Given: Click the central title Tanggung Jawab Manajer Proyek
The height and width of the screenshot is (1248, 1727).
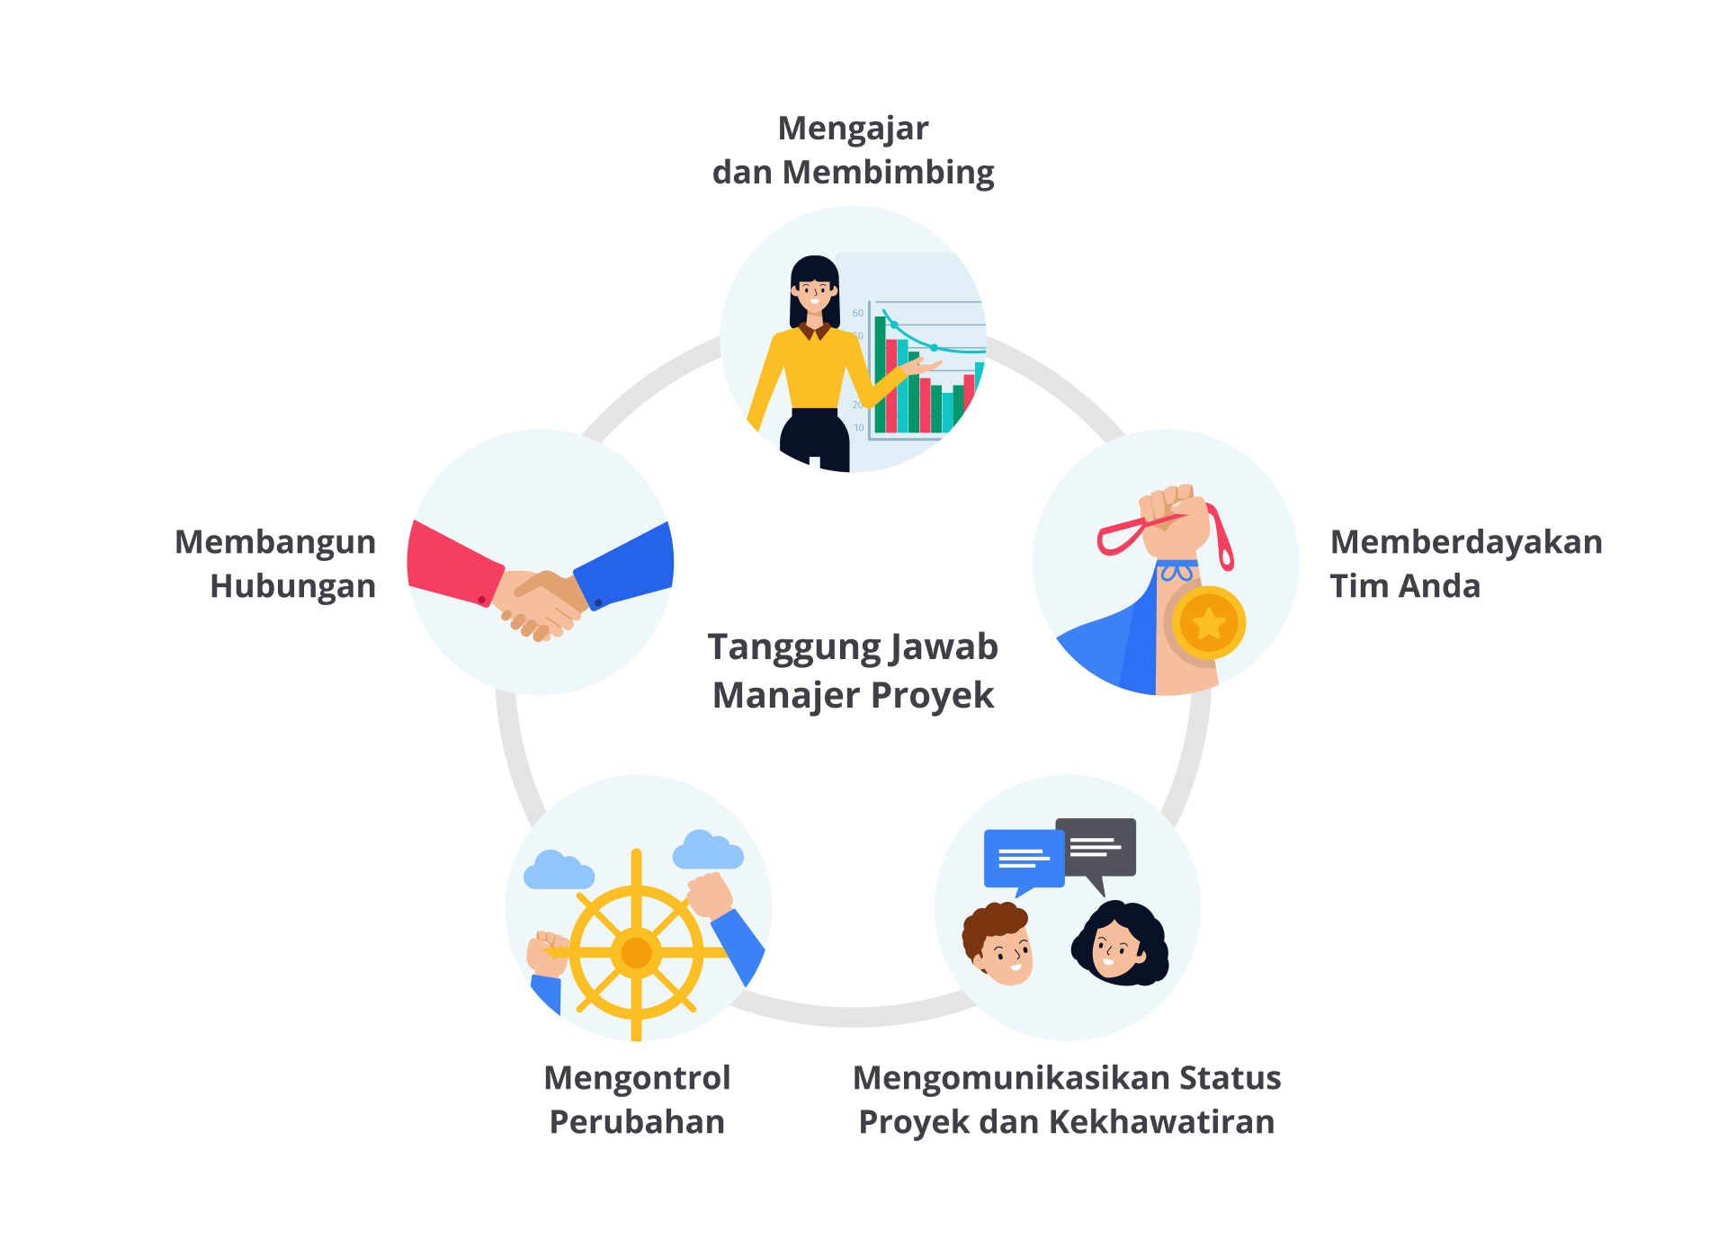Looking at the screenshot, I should click(853, 671).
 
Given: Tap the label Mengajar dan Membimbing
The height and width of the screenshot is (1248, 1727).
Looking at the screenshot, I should click(853, 150).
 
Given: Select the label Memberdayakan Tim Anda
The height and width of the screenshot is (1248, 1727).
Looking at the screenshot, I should click(1465, 564).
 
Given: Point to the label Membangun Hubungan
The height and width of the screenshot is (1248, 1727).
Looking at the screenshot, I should click(276, 564).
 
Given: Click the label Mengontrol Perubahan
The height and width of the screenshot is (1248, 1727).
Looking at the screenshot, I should click(637, 1099).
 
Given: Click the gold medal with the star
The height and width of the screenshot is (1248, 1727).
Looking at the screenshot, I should click(1208, 622).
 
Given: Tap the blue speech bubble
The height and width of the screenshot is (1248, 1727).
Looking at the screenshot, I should click(1024, 859).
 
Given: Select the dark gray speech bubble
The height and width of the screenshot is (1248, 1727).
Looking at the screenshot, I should click(1096, 846).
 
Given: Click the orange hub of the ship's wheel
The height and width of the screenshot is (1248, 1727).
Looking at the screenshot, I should click(636, 952).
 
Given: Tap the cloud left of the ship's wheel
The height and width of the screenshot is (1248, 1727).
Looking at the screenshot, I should click(558, 870).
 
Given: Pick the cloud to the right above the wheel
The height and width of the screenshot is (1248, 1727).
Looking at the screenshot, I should click(708, 850).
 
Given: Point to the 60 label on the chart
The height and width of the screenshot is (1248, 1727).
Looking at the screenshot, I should click(857, 313).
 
